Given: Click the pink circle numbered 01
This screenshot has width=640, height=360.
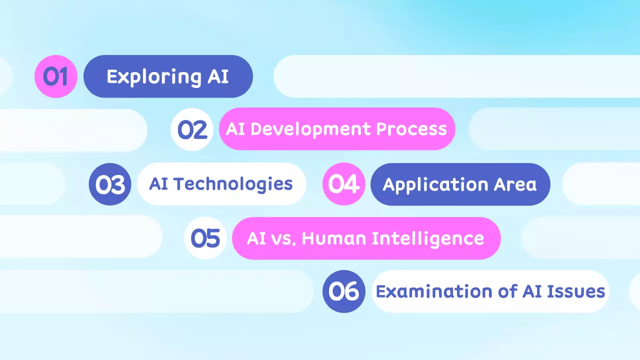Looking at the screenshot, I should (55, 76).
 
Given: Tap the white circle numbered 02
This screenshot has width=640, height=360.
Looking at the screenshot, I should (192, 129).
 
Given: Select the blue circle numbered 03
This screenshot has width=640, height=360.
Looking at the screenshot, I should (110, 184).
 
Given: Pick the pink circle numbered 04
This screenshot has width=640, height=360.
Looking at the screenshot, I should (344, 184).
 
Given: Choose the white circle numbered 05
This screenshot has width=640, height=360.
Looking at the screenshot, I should (205, 238).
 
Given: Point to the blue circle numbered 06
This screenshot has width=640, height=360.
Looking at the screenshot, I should (344, 291).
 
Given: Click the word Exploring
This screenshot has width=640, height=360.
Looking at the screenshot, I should (147, 77).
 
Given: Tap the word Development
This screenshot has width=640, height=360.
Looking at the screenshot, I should (311, 129).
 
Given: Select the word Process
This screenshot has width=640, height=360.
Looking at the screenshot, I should (411, 129).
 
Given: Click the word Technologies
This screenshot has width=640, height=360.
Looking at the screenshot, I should (232, 184).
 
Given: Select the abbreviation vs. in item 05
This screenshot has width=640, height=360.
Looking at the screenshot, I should (283, 239).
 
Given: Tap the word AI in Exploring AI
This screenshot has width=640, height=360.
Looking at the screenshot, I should (218, 77).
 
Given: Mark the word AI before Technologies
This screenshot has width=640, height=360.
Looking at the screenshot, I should (158, 184).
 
